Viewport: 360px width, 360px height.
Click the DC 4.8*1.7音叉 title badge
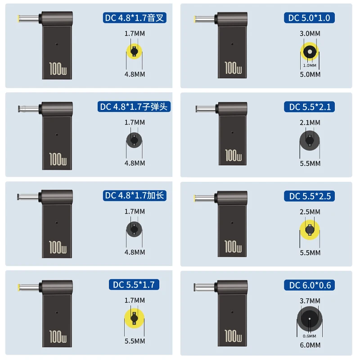click(x=135, y=18)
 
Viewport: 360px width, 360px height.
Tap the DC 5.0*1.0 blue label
click(x=309, y=18)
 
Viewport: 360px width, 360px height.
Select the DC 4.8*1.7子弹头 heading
click(x=134, y=107)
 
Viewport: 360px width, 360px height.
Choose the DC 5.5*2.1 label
click(x=309, y=107)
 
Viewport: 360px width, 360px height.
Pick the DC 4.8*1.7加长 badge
click(x=135, y=196)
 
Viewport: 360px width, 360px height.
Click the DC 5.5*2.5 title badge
click(x=309, y=196)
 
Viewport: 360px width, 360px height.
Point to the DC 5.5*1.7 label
click(x=134, y=285)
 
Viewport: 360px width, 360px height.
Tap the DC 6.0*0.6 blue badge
click(x=309, y=285)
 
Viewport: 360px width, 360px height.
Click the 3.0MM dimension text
click(x=310, y=33)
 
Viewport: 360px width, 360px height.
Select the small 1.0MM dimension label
click(x=310, y=65)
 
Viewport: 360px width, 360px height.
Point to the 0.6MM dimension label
click(x=309, y=336)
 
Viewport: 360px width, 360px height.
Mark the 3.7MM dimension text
click(x=310, y=301)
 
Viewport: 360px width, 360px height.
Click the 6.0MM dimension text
click(x=310, y=345)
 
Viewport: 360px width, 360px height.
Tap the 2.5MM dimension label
click(x=310, y=211)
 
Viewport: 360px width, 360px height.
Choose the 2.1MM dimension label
click(x=310, y=122)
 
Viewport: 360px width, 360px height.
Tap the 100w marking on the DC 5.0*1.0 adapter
click(x=233, y=68)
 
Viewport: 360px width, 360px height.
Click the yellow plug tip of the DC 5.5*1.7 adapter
click(x=18, y=288)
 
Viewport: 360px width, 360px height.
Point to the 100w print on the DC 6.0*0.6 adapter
click(x=233, y=336)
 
